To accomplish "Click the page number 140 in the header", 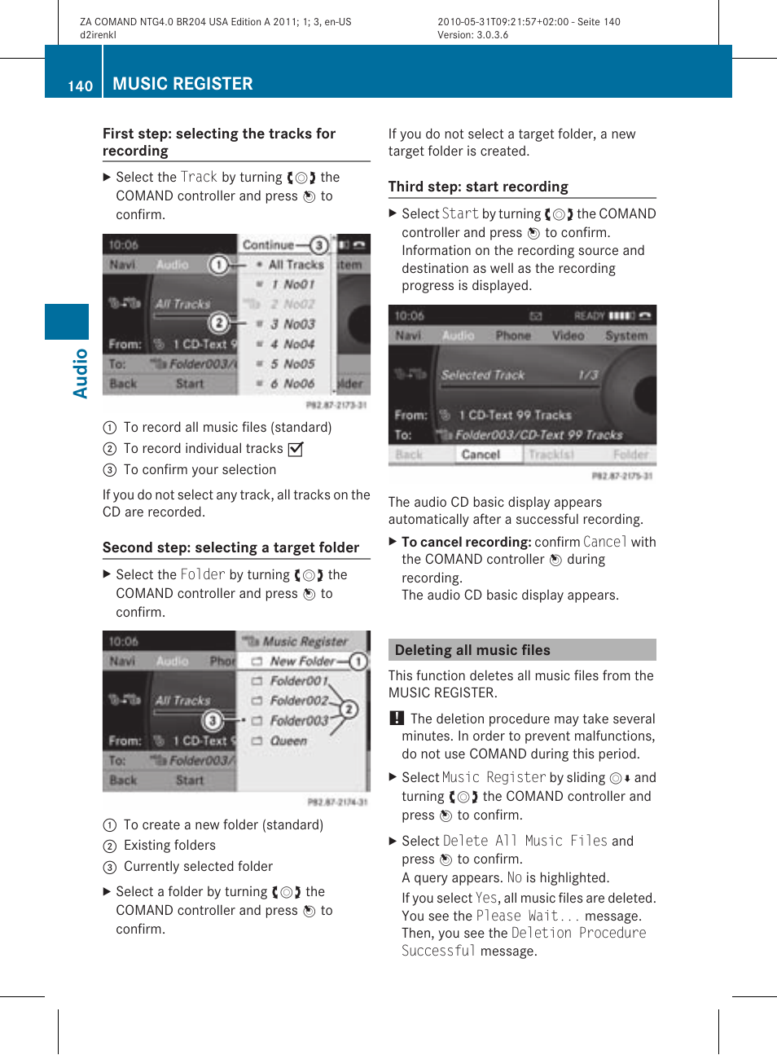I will [80, 86].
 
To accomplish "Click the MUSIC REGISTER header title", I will [182, 84].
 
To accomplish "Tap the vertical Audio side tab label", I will [80, 373].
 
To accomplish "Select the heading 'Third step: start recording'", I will [478, 187].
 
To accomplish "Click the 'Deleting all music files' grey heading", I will [472, 650].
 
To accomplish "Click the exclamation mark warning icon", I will [396, 718].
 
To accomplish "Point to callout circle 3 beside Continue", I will [318, 244].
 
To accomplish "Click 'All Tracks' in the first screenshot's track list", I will [296, 265].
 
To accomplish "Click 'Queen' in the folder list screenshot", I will [288, 741].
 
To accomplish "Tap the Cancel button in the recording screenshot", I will [481, 455].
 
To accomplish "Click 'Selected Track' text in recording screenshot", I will [483, 375].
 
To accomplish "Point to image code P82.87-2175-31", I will [621, 476].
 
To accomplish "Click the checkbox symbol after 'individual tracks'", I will [295, 449].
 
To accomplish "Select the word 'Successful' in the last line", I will [438, 951].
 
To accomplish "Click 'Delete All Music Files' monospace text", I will [525, 841].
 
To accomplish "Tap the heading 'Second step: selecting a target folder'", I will [230, 547].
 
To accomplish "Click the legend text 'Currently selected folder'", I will [198, 867].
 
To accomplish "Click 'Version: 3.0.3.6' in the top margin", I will [472, 35].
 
